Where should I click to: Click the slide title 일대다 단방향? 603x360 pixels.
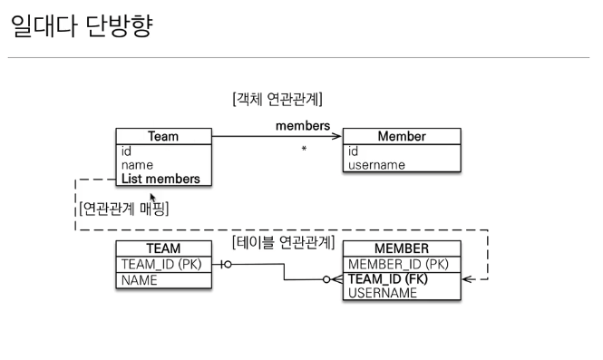point(82,25)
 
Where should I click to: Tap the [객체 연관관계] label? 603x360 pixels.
point(277,99)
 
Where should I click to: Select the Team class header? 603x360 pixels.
point(163,136)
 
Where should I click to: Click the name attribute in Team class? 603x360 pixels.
point(137,165)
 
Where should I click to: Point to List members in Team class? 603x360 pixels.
point(160,179)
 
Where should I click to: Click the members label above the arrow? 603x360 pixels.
point(303,126)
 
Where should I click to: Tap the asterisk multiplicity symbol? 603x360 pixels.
point(304,149)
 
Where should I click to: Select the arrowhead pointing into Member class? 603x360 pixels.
point(336,136)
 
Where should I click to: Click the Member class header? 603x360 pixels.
point(402,136)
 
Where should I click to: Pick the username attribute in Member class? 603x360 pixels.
point(376,165)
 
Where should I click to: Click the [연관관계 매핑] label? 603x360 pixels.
point(124,209)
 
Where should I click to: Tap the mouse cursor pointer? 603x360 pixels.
point(152,198)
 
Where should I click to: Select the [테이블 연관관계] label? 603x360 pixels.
point(284,242)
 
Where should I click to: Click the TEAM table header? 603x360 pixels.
point(163,248)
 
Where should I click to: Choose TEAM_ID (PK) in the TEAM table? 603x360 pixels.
point(161,265)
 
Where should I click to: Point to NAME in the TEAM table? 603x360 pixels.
point(140,280)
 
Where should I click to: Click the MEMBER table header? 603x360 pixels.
point(402,248)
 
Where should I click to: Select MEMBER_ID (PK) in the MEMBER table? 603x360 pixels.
point(398,265)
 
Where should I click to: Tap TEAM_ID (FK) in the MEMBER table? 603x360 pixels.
point(388,279)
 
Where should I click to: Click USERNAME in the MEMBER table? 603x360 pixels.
point(383,293)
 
